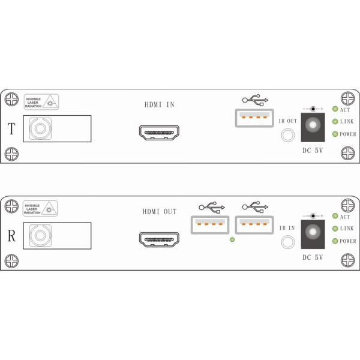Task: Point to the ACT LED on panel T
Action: pos(335,109)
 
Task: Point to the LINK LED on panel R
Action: pos(335,229)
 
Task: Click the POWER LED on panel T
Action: pos(335,134)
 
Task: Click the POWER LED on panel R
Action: pos(335,241)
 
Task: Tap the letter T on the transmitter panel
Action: pos(11,127)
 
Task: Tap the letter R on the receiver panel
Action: pos(11,235)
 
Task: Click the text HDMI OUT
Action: pos(160,211)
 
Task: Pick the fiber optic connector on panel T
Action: pos(40,128)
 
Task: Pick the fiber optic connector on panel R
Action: pos(40,235)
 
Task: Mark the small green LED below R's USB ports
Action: pos(232,240)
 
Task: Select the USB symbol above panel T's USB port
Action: pos(256,100)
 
